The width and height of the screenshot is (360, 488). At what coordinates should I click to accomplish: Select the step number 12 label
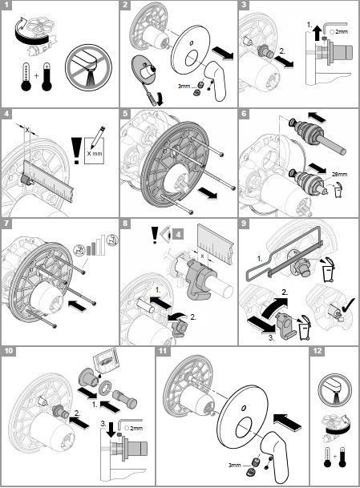[318, 352]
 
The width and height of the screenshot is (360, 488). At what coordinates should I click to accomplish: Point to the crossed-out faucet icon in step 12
[334, 392]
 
